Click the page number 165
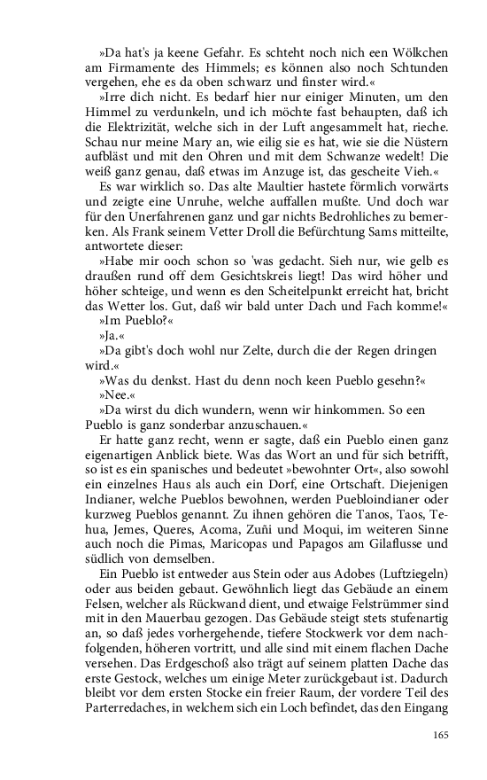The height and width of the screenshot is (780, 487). click(x=442, y=735)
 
